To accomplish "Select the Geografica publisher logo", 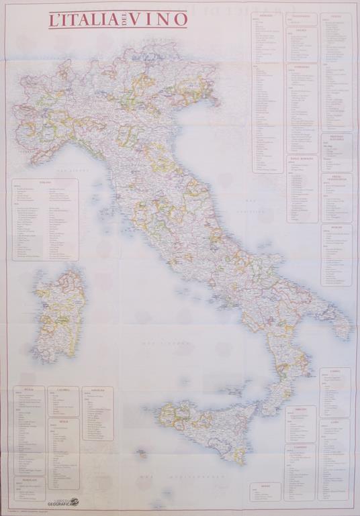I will pos(62,501).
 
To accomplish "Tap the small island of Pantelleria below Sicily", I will pos(142,453).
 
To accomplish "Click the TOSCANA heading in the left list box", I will pos(45,183).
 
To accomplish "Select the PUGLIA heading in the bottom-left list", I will pos(29,389).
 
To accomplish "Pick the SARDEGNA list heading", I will pos(97,389).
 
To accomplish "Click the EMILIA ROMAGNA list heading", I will pos(303,158).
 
